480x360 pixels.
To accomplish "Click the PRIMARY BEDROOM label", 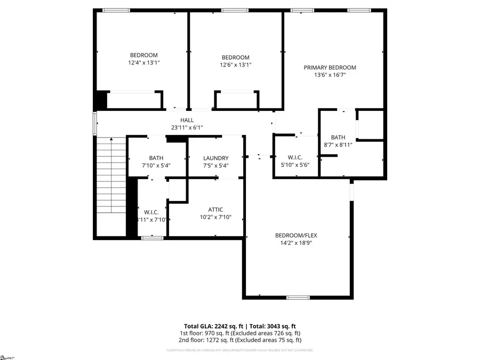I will pos(330,68).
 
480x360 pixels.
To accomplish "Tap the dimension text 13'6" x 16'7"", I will pos(330,75).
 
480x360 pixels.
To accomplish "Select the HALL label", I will pos(187,120).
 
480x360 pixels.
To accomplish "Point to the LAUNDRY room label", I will pos(216,158).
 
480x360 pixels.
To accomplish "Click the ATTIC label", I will pos(216,210).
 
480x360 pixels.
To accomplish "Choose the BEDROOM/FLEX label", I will pos(297,235).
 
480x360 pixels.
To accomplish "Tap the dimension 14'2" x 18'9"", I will pos(297,243).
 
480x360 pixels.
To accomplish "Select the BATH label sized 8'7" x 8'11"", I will pos(338,137).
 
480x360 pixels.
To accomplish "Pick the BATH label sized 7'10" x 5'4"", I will pos(156,158).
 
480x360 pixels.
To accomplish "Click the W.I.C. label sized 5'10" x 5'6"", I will pos(295,157).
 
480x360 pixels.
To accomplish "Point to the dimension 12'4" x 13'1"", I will pos(144,62).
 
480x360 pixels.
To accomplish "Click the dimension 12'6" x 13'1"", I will pos(235,65).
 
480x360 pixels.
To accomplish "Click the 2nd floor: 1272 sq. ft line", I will pos(240,340).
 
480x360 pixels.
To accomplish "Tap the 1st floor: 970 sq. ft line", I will pos(240,333).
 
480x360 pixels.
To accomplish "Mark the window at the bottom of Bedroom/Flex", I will pos(298,297).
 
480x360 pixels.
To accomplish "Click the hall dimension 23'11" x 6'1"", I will pos(187,127).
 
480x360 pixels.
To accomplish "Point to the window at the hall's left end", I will pos(95,123).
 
